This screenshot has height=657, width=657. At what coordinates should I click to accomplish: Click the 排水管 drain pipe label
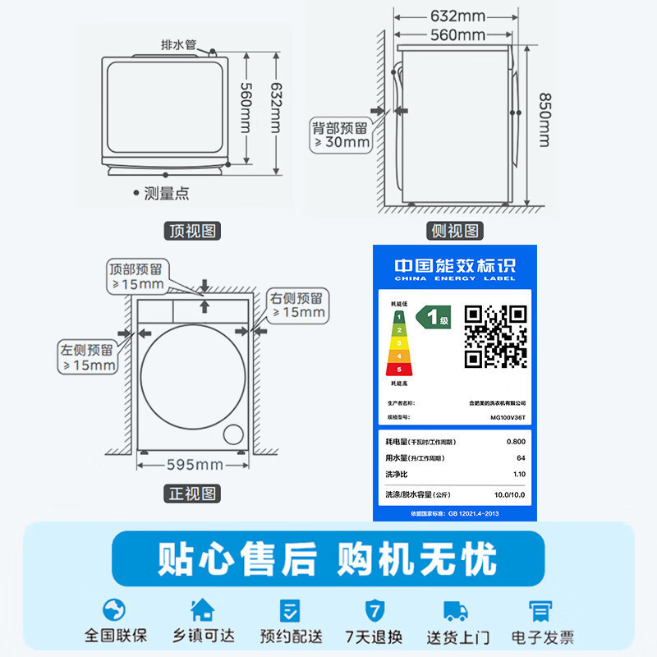pos(178,44)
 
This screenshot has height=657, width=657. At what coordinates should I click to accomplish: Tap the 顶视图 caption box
pos(194,232)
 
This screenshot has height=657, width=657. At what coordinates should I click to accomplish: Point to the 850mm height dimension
pos(544,119)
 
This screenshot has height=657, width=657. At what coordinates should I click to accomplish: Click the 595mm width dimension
pos(195,465)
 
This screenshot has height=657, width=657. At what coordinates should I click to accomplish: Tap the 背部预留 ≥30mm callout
pos(340,136)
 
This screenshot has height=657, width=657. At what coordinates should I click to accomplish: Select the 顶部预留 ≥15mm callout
pos(138,277)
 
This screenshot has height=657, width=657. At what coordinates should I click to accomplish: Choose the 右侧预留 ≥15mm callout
pos(299,305)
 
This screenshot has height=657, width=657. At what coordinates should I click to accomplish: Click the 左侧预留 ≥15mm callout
pos(87,357)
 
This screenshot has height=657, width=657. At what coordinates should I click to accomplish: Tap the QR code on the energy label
pos(495,336)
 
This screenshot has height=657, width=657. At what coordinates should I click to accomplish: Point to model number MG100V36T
pos(508,417)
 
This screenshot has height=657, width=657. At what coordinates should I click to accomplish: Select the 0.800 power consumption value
pos(515,443)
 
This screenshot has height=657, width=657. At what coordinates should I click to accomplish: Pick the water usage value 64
pos(520,458)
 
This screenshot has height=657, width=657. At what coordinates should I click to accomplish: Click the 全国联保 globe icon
pos(114,609)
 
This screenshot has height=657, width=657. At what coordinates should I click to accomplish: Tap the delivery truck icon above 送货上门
pos(456,609)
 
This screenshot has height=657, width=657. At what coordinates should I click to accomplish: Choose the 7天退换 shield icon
pos(374,609)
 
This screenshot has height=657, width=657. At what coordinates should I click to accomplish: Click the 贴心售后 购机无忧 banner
pos(328,558)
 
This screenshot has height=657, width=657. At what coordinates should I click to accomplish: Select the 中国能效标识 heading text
pos(454,266)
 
